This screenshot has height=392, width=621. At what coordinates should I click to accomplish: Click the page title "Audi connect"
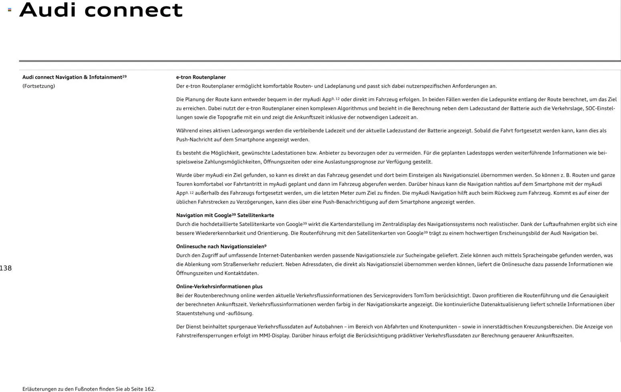coord(101,10)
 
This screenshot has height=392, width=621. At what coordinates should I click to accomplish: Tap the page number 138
coord(6,268)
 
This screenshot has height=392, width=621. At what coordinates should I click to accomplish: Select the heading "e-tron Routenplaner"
coord(201,77)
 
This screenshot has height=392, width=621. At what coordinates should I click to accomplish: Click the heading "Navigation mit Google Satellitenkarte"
coord(225,215)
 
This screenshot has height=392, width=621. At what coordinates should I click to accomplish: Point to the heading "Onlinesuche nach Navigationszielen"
coord(221,247)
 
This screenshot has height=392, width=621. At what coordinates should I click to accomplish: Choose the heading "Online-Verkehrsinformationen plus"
coord(219,287)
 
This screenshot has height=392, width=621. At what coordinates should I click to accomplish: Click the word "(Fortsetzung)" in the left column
coord(38,86)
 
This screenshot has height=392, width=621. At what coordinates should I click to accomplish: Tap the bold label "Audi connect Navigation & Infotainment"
coord(72,77)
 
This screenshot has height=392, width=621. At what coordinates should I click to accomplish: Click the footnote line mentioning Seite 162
coord(89,389)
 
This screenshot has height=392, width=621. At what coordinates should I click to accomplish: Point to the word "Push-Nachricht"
coord(194,140)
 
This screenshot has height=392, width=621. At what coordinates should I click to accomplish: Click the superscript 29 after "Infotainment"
coord(124,76)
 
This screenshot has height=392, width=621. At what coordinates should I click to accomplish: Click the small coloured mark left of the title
coord(10,10)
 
